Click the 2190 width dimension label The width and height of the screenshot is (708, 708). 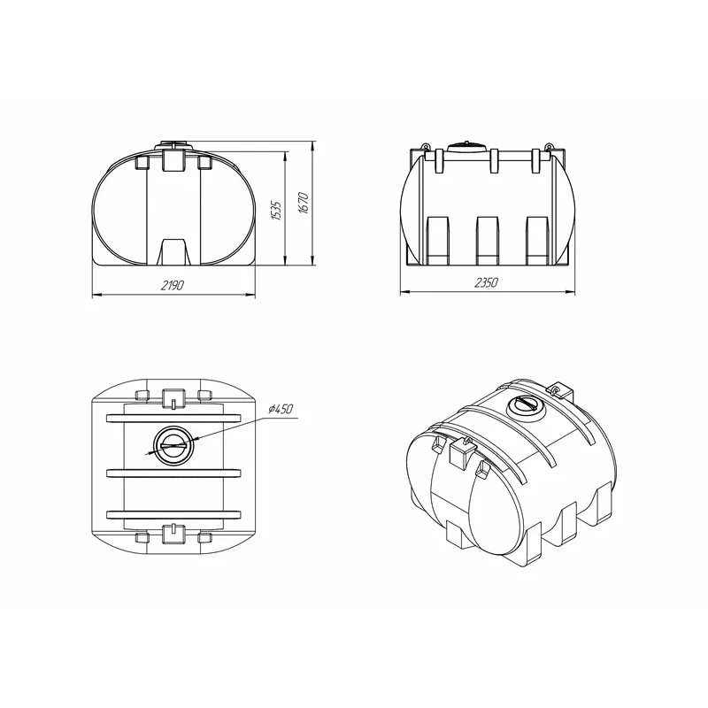coord(173,285)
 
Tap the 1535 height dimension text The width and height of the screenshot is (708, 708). coord(276,211)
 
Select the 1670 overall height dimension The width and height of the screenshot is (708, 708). coord(304,204)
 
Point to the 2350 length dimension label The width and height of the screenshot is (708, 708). coord(486,282)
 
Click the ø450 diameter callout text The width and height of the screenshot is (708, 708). coord(281,409)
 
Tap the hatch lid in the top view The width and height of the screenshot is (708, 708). coord(173,446)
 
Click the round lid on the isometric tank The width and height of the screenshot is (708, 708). coord(526,408)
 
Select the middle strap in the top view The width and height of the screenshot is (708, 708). coord(173,473)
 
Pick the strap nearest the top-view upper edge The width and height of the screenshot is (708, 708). coord(173,419)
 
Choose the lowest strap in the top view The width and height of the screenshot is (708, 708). coord(173,515)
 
